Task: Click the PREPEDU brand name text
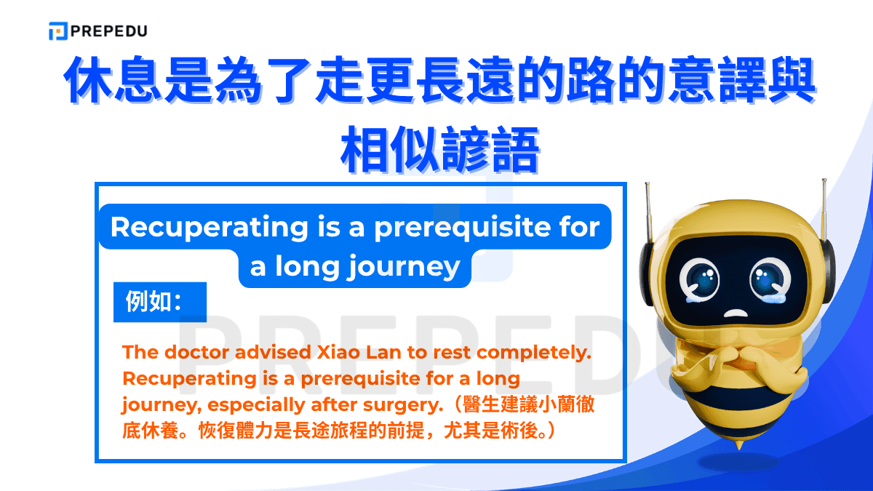point(109,31)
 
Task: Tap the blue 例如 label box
point(159,302)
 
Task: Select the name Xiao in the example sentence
point(341,352)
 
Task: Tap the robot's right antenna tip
point(824,183)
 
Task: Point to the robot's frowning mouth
point(736,314)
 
